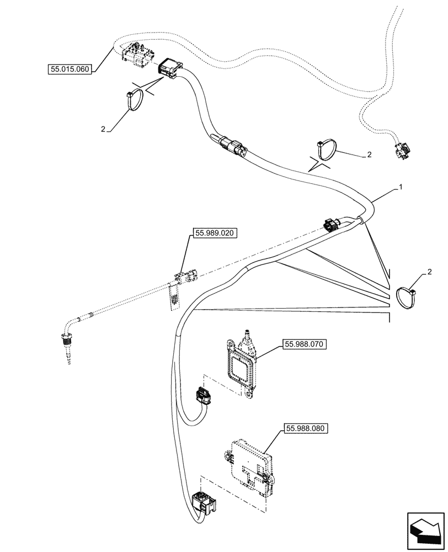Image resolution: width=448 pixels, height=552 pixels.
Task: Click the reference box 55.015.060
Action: pyautogui.click(x=70, y=70)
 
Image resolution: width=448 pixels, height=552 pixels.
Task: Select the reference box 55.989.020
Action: pyautogui.click(x=215, y=233)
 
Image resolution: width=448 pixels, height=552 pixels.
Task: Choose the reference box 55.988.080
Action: pyautogui.click(x=306, y=428)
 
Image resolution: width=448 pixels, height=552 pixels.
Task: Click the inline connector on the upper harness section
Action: pyautogui.click(x=234, y=146)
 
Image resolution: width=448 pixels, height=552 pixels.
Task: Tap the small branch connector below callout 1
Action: pyautogui.click(x=333, y=225)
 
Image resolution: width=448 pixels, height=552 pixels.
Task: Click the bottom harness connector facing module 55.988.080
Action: pyautogui.click(x=204, y=503)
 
